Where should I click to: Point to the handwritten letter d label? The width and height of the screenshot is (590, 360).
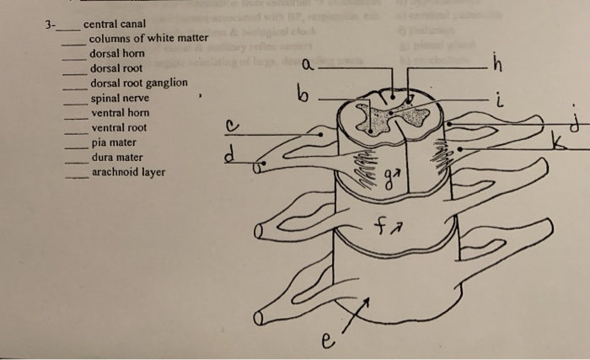tap(228, 156)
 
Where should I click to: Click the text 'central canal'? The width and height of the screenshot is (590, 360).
tap(113, 24)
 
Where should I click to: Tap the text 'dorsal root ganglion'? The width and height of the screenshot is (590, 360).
tap(138, 83)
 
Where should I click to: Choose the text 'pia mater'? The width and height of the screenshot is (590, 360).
tap(114, 142)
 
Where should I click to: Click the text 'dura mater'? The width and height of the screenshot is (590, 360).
tap(116, 157)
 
